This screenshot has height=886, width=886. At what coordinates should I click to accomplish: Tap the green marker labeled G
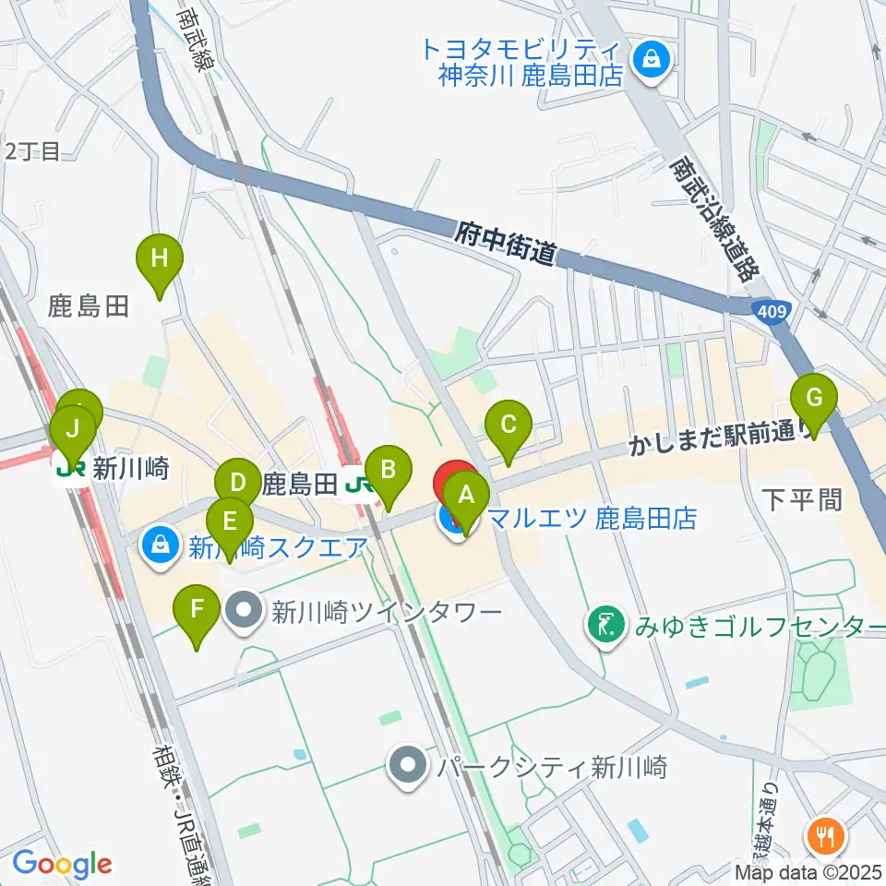click(814, 399)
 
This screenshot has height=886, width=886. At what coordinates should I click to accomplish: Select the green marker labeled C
click(508, 425)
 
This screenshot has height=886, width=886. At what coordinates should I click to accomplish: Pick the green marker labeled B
click(389, 469)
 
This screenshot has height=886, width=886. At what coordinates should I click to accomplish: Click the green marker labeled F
click(197, 609)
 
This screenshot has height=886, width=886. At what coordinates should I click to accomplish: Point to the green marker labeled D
click(238, 482)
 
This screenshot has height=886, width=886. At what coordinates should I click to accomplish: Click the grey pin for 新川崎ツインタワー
click(245, 611)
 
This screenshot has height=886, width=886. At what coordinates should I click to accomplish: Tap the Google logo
click(63, 863)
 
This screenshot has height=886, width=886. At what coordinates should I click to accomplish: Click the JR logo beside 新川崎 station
click(72, 468)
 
